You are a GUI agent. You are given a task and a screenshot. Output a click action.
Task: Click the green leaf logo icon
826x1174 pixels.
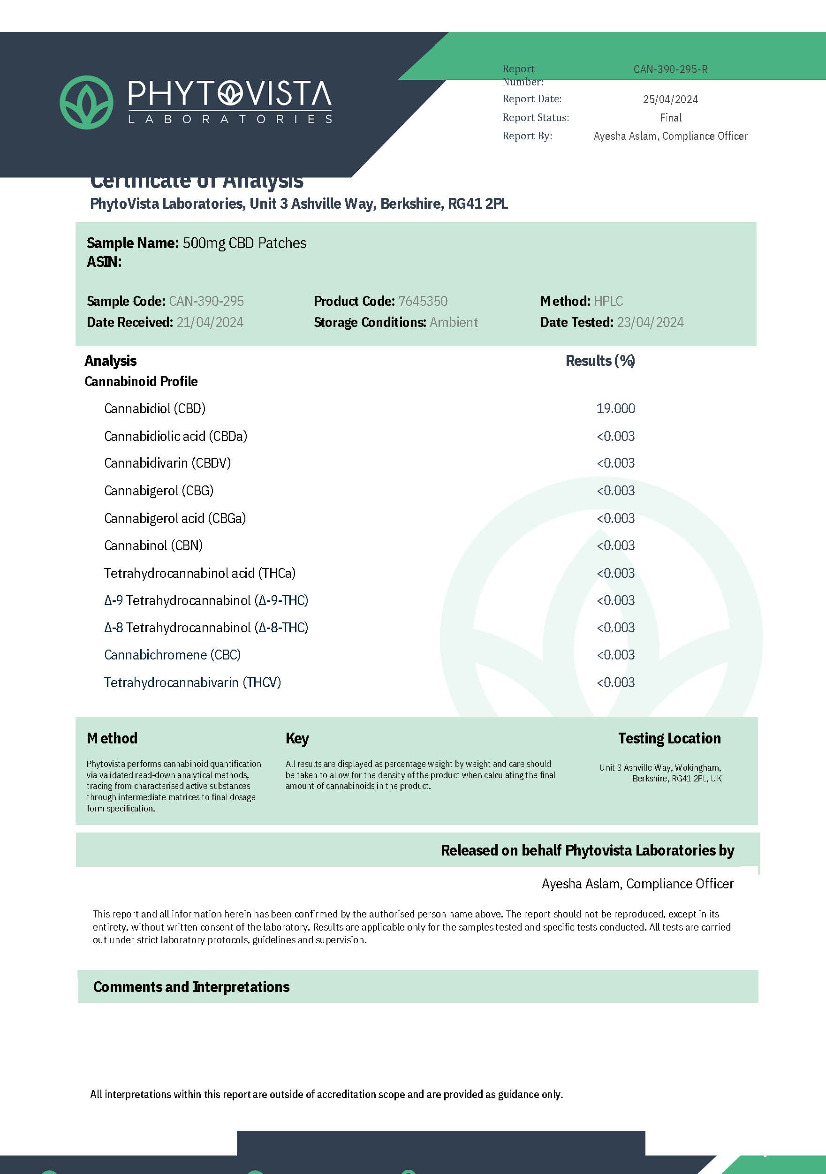86,102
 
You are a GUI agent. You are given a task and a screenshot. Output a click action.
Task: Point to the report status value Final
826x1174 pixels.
671,118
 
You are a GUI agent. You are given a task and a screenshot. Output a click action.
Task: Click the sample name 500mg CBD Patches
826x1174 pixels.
244,243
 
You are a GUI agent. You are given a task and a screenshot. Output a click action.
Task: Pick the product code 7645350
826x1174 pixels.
423,301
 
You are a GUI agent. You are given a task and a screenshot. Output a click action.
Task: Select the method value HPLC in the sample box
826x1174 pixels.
608,301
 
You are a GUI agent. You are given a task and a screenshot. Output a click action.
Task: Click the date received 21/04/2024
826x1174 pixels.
210,322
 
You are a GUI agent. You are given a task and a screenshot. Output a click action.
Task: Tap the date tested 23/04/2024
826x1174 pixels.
650,322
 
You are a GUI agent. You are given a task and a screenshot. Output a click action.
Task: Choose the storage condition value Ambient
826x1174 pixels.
454,322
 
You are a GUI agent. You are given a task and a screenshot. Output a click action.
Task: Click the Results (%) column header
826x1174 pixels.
600,361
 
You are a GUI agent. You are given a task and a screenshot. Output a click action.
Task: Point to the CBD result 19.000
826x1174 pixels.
615,409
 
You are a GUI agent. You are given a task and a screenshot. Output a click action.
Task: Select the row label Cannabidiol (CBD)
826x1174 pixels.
154,409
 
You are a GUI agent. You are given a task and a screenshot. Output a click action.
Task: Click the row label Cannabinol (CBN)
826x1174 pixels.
153,545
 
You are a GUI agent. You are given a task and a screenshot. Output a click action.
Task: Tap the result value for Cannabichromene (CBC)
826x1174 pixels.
615,655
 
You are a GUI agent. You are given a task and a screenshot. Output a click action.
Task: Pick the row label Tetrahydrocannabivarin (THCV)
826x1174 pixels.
192,682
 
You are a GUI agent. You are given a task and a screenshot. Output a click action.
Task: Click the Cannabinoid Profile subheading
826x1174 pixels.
141,381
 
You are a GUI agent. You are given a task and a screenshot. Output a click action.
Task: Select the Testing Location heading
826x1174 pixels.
669,738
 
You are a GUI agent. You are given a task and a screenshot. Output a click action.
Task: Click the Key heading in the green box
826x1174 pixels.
297,738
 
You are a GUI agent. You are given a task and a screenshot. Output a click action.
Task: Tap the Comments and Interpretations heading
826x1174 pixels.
191,987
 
